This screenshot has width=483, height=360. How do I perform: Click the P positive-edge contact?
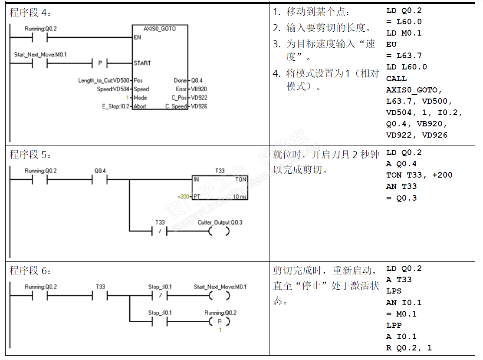pos(100,63)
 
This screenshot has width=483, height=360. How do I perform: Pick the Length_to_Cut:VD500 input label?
pos(104,80)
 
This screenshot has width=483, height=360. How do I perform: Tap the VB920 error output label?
pos(199,89)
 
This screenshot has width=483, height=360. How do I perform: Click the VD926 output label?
pos(199,106)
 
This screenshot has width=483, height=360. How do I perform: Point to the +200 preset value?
pos(184,197)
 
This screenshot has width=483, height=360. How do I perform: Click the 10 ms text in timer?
pos(240,197)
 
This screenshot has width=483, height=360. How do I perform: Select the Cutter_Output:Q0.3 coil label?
pos(220,222)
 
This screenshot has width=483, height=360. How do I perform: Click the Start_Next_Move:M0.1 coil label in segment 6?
pos(220,287)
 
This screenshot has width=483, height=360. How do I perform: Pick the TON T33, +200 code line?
pos(419,175)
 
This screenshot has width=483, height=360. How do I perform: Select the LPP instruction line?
pos(394,325)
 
